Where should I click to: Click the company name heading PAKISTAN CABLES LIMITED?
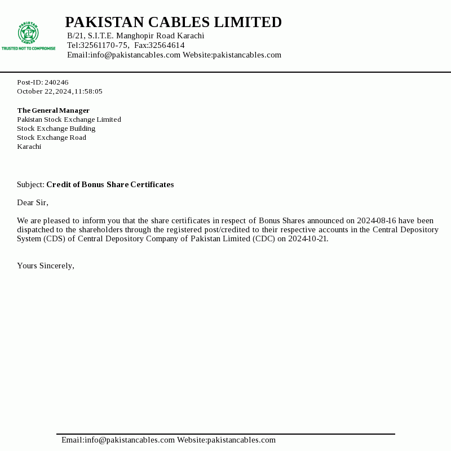click(x=173, y=23)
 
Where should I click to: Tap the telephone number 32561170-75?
click(x=104, y=45)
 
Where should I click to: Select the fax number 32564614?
click(x=166, y=45)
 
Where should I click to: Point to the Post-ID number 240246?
click(x=56, y=82)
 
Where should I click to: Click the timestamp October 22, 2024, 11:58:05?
click(x=60, y=91)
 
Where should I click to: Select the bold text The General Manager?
click(x=53, y=110)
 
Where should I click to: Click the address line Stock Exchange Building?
click(x=56, y=129)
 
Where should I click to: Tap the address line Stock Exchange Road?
click(x=51, y=138)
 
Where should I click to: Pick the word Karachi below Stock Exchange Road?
click(x=29, y=147)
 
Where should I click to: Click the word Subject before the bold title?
click(x=30, y=184)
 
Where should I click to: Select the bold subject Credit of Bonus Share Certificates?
click(x=110, y=184)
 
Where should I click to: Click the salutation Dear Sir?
click(x=33, y=202)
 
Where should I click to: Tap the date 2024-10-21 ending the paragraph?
click(x=308, y=238)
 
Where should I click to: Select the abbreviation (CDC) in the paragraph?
click(x=261, y=238)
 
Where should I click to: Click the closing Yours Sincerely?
click(x=46, y=266)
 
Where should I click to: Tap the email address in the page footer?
click(x=118, y=440)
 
